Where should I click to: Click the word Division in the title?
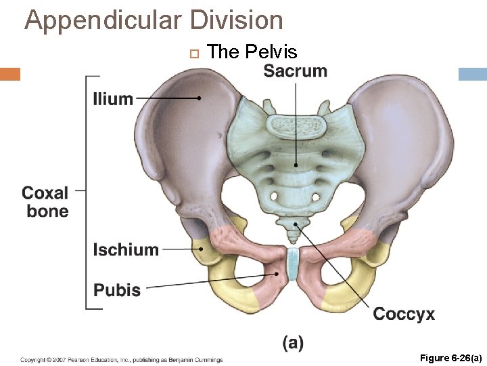(236, 20)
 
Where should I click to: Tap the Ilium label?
(113, 99)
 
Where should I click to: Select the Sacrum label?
(295, 70)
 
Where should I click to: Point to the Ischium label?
(126, 249)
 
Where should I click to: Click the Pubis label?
(117, 290)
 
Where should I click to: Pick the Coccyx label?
(404, 314)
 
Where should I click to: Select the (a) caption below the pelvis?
(293, 342)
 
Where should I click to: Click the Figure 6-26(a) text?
(450, 358)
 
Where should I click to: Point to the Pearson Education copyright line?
(122, 359)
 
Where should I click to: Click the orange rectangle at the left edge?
(10, 74)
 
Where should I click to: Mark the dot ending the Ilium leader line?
(199, 98)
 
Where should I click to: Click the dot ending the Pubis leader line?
(277, 274)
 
